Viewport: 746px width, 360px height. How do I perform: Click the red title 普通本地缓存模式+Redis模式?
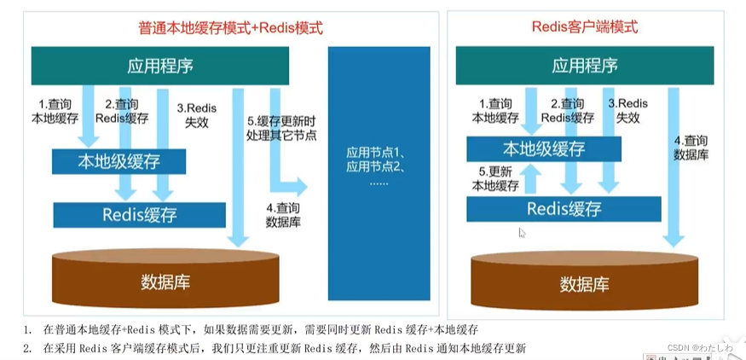230,28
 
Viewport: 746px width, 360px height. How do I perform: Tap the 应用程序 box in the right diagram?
585,65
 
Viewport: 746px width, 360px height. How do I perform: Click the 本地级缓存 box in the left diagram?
119,160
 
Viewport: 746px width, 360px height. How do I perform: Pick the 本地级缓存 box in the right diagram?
543,148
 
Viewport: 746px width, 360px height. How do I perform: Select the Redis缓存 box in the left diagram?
139,215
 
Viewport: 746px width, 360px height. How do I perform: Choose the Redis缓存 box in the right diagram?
564,208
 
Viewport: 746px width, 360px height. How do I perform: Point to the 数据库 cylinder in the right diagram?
584,277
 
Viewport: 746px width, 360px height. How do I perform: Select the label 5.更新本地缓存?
494,177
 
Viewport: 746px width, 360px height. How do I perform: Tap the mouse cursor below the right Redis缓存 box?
522,232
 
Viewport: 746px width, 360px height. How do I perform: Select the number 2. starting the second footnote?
28,347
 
